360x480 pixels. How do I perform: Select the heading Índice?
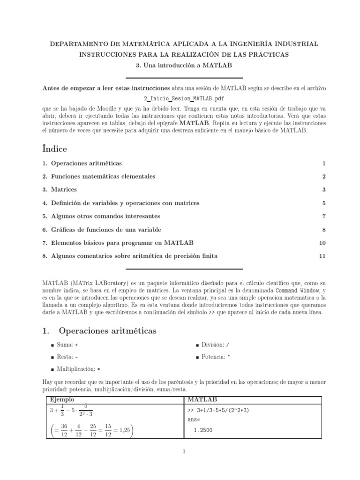coord(54,149)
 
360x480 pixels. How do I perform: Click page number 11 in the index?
coord(322,256)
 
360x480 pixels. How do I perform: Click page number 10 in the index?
coord(322,243)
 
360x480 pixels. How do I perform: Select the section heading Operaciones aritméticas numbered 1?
coord(99,331)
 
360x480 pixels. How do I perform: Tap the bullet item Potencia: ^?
coord(215,357)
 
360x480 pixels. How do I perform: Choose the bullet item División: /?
coord(215,345)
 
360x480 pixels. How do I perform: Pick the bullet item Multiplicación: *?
coord(78,369)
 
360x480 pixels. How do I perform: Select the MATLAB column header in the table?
coord(202,399)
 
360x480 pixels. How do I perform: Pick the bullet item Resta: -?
coord(67,357)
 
